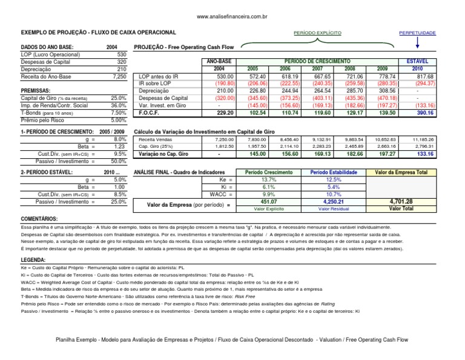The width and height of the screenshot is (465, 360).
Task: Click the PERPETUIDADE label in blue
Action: pyautogui.click(x=417, y=32)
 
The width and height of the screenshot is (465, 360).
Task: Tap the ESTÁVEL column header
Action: pyautogui.click(x=418, y=61)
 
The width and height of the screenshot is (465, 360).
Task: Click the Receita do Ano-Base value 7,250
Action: pyautogui.click(x=119, y=77)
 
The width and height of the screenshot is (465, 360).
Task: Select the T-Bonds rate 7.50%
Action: pyautogui.click(x=118, y=113)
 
